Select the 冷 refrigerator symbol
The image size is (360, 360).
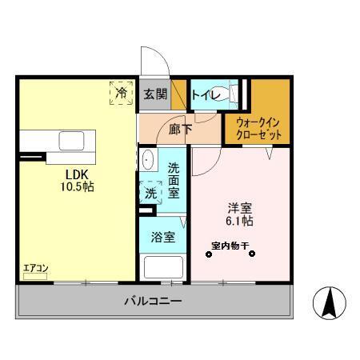121,94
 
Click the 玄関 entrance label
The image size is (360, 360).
155,94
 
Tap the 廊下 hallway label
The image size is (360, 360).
178,128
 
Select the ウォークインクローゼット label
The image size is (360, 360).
258,128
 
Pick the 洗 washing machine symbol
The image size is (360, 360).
150,192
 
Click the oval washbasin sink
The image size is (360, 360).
147,161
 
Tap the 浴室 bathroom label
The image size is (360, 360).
162,238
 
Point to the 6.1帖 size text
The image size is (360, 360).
239,220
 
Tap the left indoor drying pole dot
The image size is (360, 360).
209,255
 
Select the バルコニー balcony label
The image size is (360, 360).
152,302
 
